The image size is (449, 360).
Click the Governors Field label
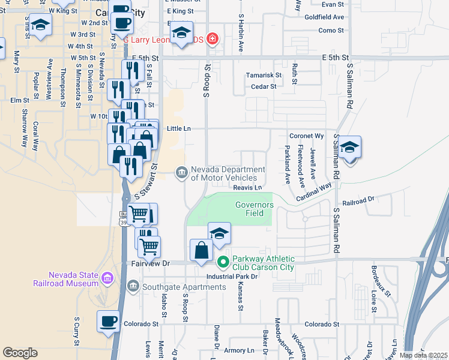tap(254, 209)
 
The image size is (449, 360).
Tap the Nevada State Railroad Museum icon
tap(107, 277)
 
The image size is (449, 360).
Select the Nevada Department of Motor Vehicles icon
tap(181, 173)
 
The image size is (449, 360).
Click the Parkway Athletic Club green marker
tap(223, 261)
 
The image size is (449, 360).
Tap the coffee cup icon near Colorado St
tap(108, 321)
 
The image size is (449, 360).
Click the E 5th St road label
tap(335, 58)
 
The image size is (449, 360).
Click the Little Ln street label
tap(178, 128)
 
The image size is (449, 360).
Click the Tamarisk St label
tap(264, 75)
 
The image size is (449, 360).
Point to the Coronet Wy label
tap(306, 136)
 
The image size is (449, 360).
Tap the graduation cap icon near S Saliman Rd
tap(349, 148)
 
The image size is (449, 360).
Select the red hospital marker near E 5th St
tap(211, 40)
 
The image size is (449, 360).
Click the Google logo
tap(20, 353)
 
